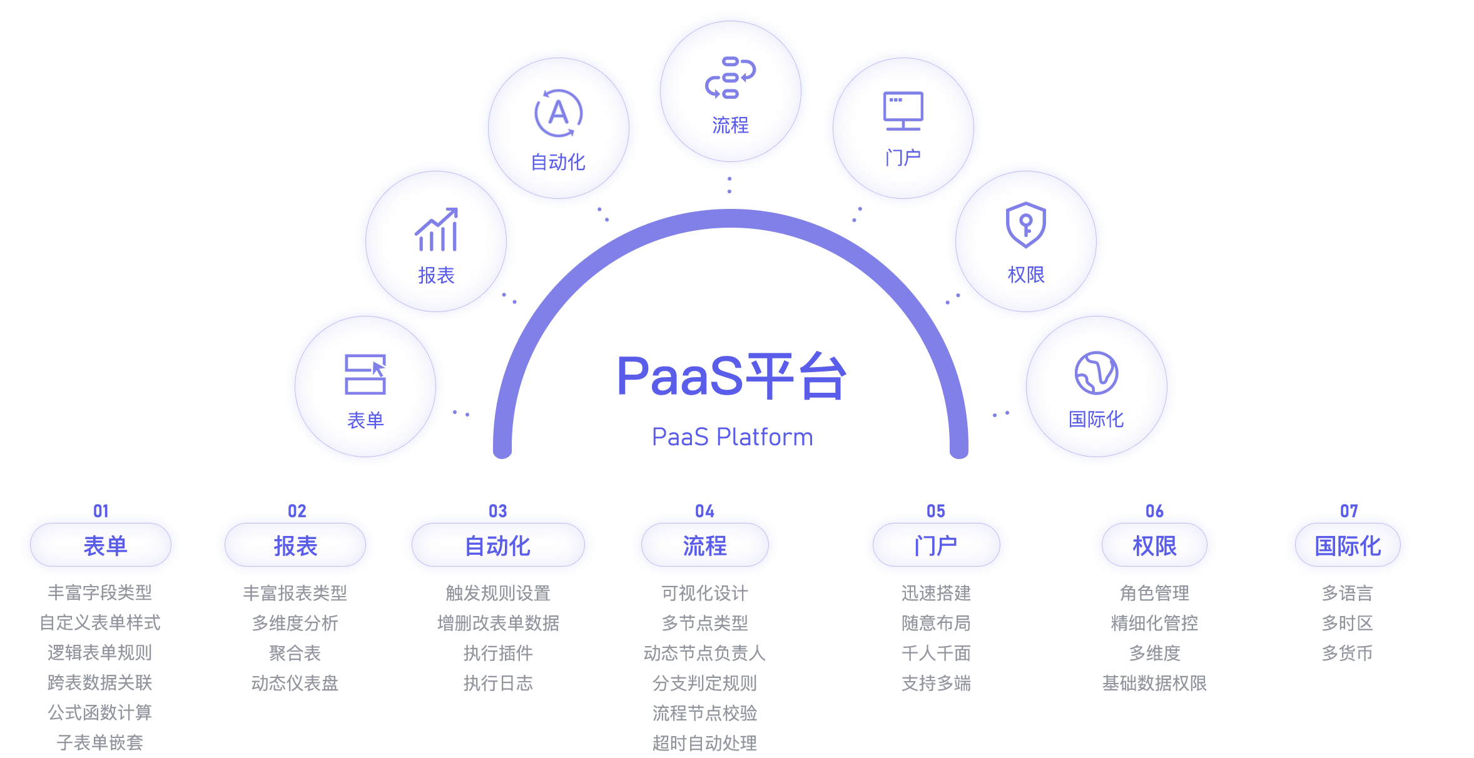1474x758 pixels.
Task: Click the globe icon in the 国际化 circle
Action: click(x=1096, y=373)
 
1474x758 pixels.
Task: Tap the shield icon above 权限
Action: click(x=1025, y=225)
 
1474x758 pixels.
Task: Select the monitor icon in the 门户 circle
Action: click(x=903, y=111)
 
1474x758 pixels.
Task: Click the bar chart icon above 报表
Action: click(x=436, y=230)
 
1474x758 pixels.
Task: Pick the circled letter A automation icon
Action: click(x=558, y=113)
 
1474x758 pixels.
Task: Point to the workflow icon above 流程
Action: click(x=730, y=78)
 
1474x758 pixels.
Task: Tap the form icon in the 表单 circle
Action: click(x=365, y=374)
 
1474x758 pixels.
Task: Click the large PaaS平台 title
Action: click(x=731, y=376)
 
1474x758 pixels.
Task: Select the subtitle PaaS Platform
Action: click(x=732, y=437)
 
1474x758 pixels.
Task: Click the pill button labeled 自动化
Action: click(x=498, y=545)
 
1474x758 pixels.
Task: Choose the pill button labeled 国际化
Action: click(x=1347, y=545)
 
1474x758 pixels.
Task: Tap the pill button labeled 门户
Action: click(x=936, y=545)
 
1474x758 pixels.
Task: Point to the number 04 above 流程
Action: click(x=704, y=511)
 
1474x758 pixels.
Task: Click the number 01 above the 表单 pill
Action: click(x=101, y=511)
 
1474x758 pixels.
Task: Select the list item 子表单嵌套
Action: click(x=100, y=742)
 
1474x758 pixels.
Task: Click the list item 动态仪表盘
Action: click(x=295, y=683)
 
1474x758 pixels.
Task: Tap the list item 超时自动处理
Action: click(x=704, y=743)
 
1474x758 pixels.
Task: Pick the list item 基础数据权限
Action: click(x=1154, y=683)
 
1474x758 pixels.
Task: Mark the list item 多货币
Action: click(x=1347, y=653)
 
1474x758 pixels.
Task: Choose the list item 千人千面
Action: click(x=936, y=653)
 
